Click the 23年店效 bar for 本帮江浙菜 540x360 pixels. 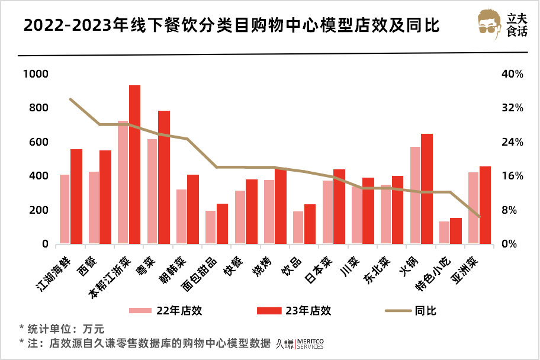pyautogui.click(x=135, y=165)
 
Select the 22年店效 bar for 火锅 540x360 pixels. pyautogui.click(x=415, y=195)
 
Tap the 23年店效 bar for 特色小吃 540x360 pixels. pyautogui.click(x=456, y=231)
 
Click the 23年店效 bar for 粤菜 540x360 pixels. pyautogui.click(x=164, y=177)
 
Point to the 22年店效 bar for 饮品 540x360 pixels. pyautogui.click(x=298, y=227)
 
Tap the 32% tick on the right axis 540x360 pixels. pyautogui.click(x=512, y=108)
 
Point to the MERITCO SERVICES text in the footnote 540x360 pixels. pyautogui.click(x=309, y=344)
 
